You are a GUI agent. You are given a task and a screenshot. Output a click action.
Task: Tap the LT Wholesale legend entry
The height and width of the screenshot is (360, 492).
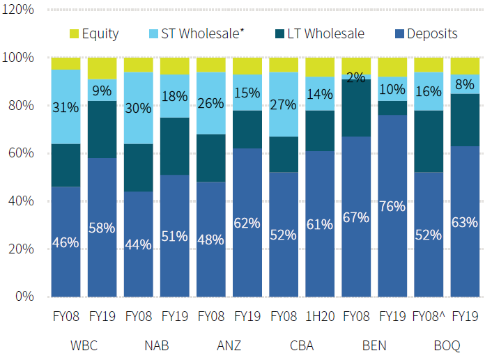[318, 33]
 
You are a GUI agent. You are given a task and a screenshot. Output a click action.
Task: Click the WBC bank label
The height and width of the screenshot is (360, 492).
[84, 345]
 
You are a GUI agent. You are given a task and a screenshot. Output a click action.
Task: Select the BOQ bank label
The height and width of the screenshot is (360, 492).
[446, 345]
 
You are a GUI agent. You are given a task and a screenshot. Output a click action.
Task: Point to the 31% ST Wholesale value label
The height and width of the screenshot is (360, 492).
[66, 107]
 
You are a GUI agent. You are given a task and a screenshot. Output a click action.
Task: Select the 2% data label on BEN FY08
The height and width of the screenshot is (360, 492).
[355, 78]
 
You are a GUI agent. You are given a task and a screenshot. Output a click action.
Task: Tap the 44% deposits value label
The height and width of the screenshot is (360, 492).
[138, 244]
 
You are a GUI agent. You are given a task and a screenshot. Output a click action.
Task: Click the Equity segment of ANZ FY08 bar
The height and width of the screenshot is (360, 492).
[210, 65]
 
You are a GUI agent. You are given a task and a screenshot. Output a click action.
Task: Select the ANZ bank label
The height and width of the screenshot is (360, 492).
[229, 345]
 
